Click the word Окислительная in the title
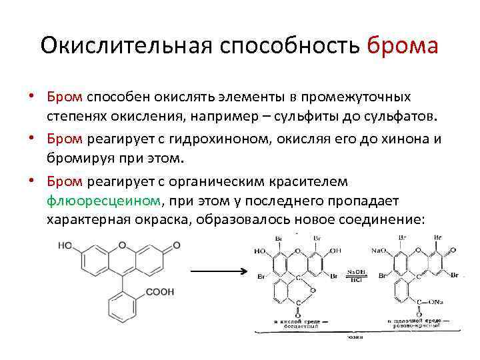pos(123,47)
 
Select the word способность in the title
pos(288,47)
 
